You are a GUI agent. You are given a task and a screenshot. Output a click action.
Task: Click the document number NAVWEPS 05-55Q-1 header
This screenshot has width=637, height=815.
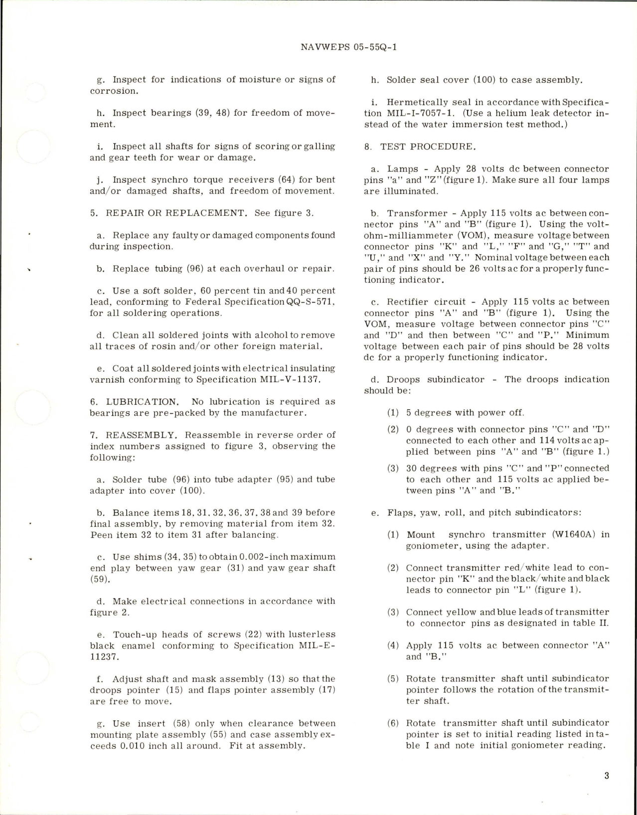pyautogui.click(x=349, y=47)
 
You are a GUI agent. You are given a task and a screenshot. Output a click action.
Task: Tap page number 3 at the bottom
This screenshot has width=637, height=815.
pyautogui.click(x=606, y=776)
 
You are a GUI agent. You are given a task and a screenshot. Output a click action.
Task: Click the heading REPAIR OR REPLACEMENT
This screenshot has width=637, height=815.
pyautogui.click(x=176, y=213)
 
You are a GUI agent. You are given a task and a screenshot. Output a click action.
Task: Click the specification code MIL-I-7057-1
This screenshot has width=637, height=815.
pyautogui.click(x=416, y=113)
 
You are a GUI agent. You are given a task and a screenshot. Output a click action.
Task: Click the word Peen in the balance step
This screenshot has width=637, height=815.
pyautogui.click(x=101, y=535)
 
